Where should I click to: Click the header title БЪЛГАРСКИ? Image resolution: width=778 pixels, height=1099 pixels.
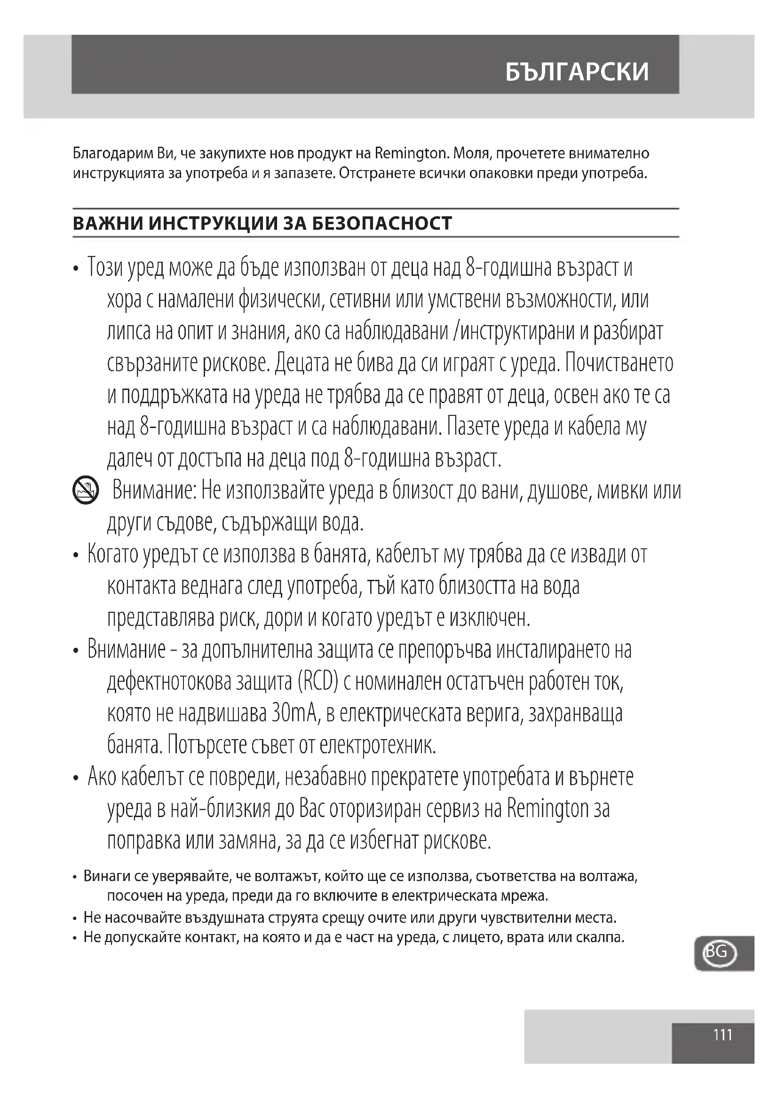click(x=577, y=72)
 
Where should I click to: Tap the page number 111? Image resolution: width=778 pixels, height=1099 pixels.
click(x=723, y=1036)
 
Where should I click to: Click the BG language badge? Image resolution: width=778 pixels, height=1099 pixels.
click(x=717, y=951)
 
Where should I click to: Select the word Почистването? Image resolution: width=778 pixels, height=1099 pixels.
click(x=619, y=363)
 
